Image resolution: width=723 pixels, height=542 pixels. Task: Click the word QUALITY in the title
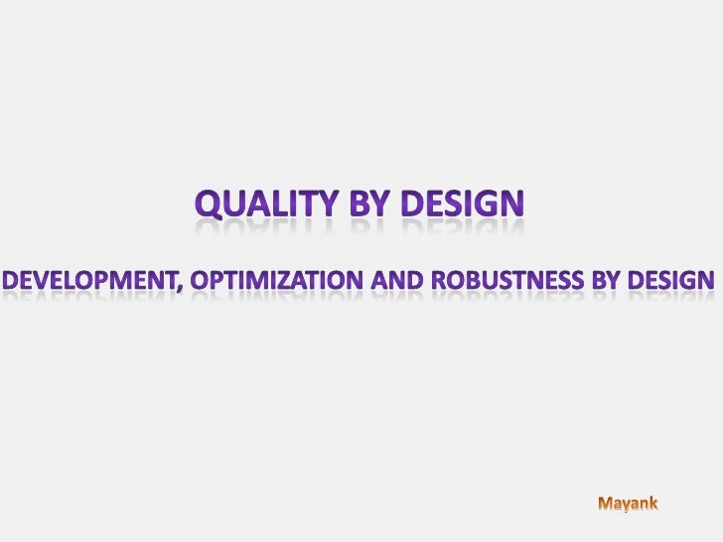(263, 204)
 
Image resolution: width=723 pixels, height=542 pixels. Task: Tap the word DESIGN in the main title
(460, 204)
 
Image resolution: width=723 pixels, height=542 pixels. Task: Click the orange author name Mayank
(627, 504)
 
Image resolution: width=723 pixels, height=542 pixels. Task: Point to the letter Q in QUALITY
(210, 205)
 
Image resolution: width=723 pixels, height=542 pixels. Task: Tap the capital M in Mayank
(603, 504)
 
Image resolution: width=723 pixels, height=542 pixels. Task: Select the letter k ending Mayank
(651, 504)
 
